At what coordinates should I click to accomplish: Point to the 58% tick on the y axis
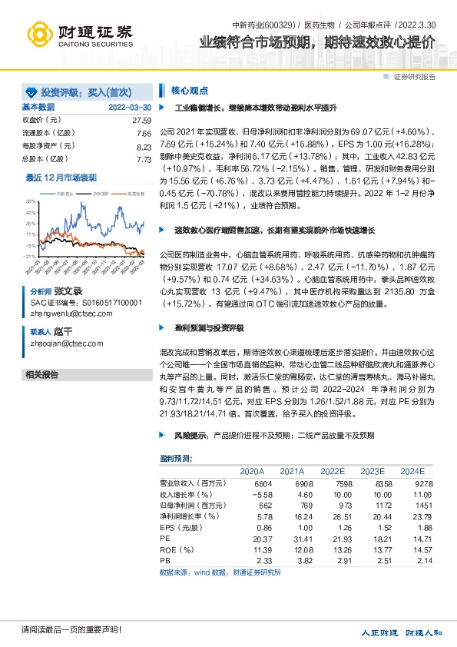coord(31,201)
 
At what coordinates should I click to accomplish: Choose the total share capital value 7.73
coord(144,159)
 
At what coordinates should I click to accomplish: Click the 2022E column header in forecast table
coord(333,471)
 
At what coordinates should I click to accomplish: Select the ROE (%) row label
coord(176,549)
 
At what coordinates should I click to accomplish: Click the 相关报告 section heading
coord(42,375)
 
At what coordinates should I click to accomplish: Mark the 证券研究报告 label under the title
coord(415,77)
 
